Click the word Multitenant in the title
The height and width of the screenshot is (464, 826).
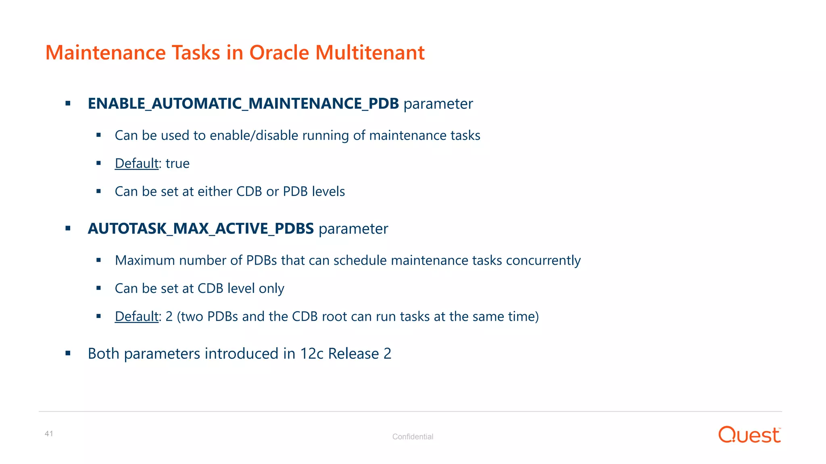point(369,53)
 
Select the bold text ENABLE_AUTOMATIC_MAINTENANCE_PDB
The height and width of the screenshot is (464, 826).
point(243,104)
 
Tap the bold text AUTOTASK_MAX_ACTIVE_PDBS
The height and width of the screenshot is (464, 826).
point(200,229)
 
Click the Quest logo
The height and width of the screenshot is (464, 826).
point(749,435)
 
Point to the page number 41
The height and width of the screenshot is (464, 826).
point(49,434)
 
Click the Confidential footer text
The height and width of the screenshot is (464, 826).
point(413,437)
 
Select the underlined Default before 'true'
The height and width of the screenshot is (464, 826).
point(136,164)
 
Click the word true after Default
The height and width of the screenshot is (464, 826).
point(177,164)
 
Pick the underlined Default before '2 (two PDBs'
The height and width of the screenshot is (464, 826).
point(136,317)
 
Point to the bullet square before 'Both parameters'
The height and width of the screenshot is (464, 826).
point(68,354)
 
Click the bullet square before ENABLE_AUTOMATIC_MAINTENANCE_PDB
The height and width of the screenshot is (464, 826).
point(68,104)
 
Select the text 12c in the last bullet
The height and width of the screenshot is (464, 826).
point(312,354)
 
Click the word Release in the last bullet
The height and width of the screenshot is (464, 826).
point(353,354)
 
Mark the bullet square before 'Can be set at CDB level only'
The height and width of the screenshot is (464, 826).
point(98,288)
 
